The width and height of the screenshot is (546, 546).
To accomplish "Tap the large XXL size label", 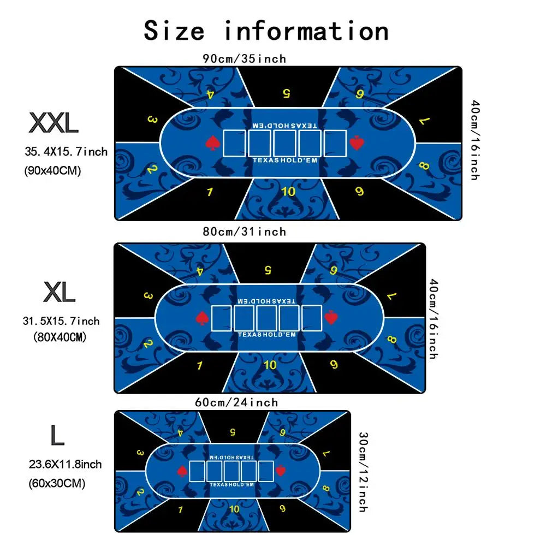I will tap(54, 124).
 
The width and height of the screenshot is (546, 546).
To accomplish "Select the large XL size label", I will tap(58, 294).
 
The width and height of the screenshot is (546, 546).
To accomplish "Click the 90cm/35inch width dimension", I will tap(244, 58).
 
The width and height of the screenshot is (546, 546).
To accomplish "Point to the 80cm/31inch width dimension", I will tap(244, 232).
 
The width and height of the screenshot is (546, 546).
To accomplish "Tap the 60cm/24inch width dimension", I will tap(236, 402).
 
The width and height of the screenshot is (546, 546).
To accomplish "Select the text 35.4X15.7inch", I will tap(66, 151).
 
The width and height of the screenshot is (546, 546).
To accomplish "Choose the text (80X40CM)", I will tap(60, 337).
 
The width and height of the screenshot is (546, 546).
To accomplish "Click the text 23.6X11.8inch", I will tap(65, 465).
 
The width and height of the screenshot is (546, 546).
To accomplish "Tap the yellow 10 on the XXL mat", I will tap(288, 191).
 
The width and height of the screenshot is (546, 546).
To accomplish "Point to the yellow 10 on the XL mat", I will tap(270, 365).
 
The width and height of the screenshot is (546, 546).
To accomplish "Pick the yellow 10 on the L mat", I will tap(234, 509).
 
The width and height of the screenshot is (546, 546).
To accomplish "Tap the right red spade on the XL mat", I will tap(331, 317).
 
